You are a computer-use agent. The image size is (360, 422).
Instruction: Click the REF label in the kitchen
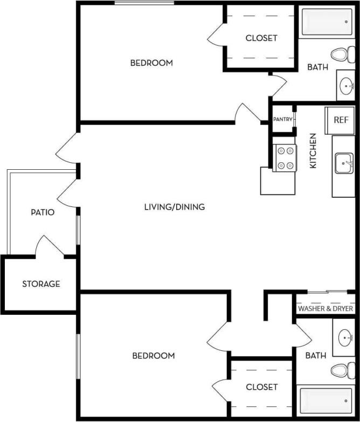point(341,120)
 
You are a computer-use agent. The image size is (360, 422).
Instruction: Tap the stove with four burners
point(284,158)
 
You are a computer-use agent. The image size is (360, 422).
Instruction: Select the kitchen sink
point(344,163)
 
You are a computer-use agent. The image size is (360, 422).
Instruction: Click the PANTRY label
point(282,119)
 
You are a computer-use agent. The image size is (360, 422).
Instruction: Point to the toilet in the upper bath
point(340,54)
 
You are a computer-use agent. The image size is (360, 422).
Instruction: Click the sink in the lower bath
point(345,338)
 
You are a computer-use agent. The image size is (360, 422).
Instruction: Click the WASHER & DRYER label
point(326,309)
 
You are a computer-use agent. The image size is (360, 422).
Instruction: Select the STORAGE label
point(41,283)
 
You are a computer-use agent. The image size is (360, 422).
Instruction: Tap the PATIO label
point(43,212)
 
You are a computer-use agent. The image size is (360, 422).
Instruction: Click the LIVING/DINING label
point(175,206)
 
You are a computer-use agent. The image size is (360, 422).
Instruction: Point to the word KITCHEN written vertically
point(313,151)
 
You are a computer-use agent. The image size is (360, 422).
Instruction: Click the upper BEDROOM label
point(151,63)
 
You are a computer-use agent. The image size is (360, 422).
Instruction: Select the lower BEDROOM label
point(154,356)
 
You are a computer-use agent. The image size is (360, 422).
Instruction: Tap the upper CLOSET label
point(261,38)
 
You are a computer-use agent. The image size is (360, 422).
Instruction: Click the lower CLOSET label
point(261,387)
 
